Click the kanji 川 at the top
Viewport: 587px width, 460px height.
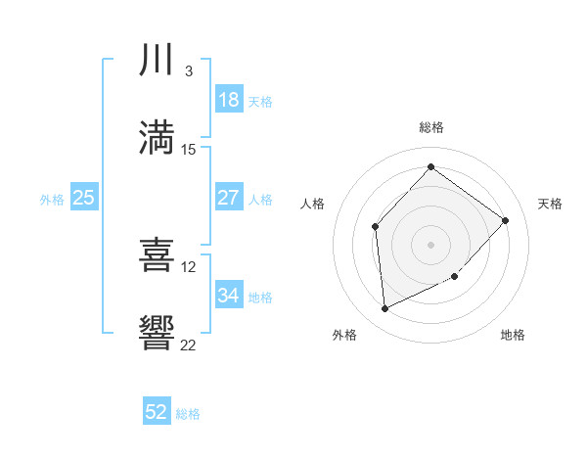pyautogui.click(x=157, y=61)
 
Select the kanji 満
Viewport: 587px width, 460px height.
pyautogui.click(x=157, y=137)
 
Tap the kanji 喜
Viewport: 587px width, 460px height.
pyautogui.click(x=157, y=254)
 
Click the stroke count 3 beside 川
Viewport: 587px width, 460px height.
pyautogui.click(x=188, y=71)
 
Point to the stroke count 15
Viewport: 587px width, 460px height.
pyautogui.click(x=189, y=150)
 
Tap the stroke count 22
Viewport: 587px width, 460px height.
pyautogui.click(x=189, y=345)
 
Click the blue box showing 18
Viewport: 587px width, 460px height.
pyautogui.click(x=228, y=100)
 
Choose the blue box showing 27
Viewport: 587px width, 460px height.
pyautogui.click(x=228, y=198)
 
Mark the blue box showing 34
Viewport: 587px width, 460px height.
pyautogui.click(x=228, y=296)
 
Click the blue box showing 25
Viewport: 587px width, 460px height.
pyautogui.click(x=84, y=198)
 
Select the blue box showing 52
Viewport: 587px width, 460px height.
pyautogui.click(x=157, y=412)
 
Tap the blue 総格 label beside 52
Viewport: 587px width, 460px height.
pyautogui.click(x=188, y=414)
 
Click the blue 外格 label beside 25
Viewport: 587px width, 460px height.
pyautogui.click(x=52, y=200)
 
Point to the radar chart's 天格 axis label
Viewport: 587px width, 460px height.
pyautogui.click(x=550, y=204)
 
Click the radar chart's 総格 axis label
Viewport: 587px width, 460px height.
pyautogui.click(x=431, y=127)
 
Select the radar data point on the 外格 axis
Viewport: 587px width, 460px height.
pyautogui.click(x=384, y=309)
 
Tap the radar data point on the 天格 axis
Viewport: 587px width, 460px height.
pyautogui.click(x=505, y=220)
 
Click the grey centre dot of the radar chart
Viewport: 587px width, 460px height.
pyautogui.click(x=431, y=244)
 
